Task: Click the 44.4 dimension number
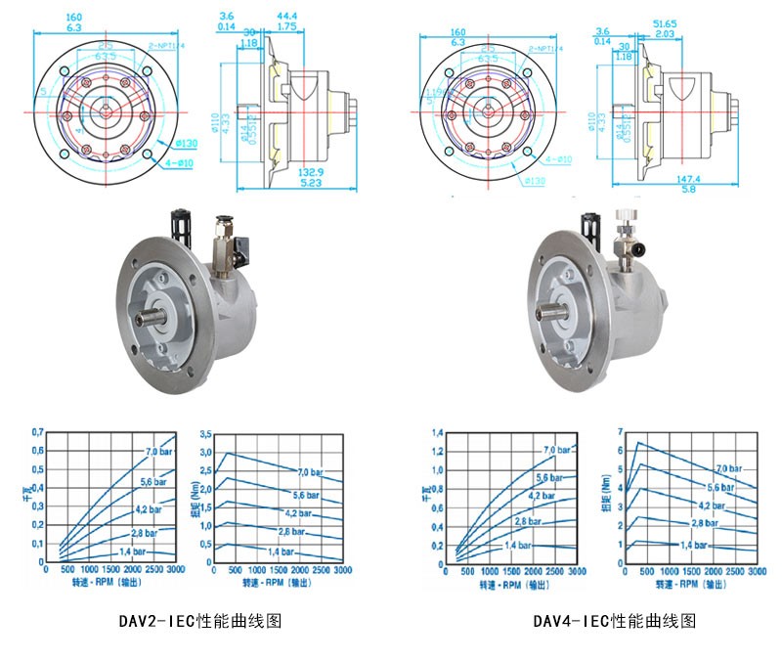pyautogui.click(x=286, y=17)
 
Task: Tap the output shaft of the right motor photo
pyautogui.click(x=554, y=311)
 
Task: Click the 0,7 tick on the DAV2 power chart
pyautogui.click(x=38, y=431)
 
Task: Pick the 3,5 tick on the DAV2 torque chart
pyautogui.click(x=204, y=431)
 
